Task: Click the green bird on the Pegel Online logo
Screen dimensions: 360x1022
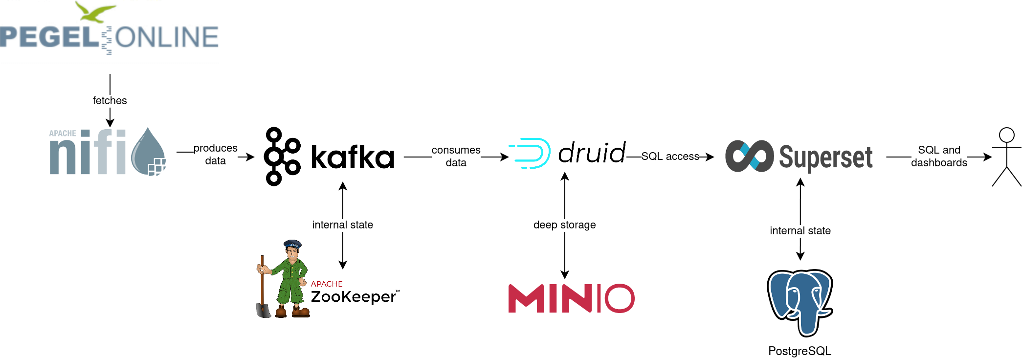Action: [96, 12]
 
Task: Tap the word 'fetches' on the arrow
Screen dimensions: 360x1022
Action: [110, 101]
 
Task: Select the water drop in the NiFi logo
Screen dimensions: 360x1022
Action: [148, 152]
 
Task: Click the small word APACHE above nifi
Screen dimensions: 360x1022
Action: [63, 133]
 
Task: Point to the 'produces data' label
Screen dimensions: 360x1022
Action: [215, 155]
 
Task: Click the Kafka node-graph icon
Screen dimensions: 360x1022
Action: [282, 157]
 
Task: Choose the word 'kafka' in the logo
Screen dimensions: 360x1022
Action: [353, 157]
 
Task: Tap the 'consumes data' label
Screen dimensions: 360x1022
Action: [456, 157]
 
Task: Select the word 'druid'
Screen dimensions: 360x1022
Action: [592, 153]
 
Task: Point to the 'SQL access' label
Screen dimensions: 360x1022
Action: [670, 157]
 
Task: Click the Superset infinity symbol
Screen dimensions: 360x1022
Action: [749, 157]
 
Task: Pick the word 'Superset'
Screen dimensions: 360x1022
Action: [825, 157]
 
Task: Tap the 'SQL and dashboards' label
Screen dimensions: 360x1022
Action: [939, 157]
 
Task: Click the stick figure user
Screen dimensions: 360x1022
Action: [1006, 157]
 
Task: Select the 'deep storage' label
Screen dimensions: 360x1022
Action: [564, 225]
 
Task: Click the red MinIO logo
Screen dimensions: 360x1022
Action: [571, 298]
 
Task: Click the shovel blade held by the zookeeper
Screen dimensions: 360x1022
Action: [263, 310]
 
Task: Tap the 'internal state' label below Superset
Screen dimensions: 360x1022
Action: [800, 231]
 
